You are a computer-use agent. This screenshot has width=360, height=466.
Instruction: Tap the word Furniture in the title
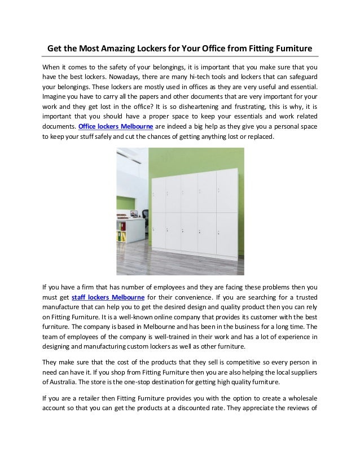(x=292, y=49)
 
